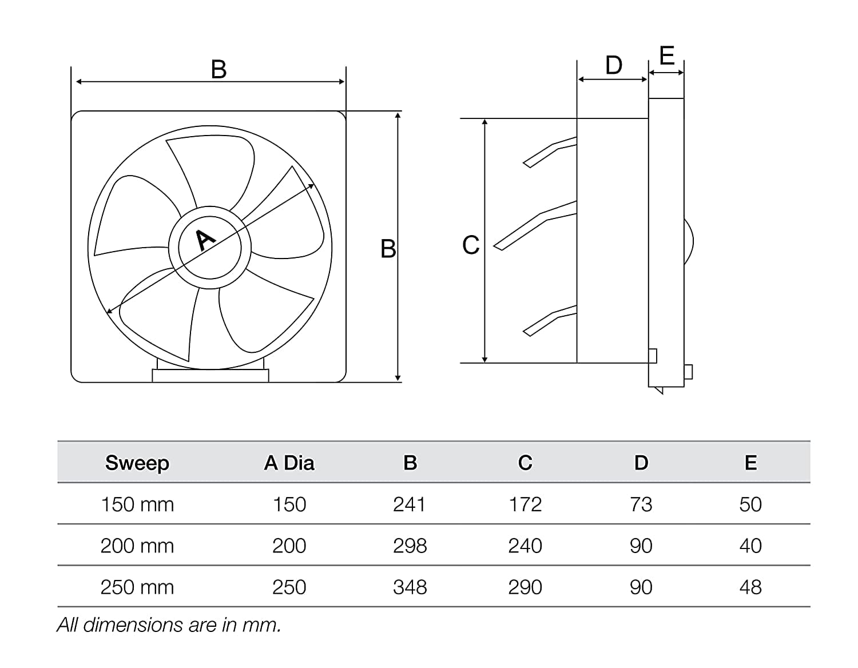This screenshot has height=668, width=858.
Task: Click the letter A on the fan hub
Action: click(205, 240)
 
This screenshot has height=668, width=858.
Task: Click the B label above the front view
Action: click(219, 70)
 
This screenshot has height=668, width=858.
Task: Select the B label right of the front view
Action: click(388, 249)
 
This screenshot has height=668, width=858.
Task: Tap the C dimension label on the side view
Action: click(471, 245)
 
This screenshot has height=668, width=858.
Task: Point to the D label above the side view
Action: click(614, 66)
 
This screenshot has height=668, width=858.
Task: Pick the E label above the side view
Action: click(667, 56)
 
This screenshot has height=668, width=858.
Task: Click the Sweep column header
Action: click(137, 463)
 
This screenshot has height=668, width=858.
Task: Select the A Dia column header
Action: click(289, 463)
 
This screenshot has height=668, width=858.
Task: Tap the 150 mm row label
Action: click(137, 504)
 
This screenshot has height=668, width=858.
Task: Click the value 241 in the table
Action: click(410, 504)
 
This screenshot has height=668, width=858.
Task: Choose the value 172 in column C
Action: click(525, 504)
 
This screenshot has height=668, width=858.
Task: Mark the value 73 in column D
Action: click(641, 504)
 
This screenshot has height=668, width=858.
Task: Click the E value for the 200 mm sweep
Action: click(750, 546)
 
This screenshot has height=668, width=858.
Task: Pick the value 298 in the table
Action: click(410, 546)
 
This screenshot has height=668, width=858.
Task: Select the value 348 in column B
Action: click(410, 587)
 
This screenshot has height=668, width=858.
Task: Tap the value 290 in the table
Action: click(525, 587)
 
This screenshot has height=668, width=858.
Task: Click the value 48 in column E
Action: click(750, 587)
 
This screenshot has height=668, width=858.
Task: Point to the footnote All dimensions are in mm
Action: click(169, 625)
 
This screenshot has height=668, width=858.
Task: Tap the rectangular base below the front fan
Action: click(210, 375)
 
